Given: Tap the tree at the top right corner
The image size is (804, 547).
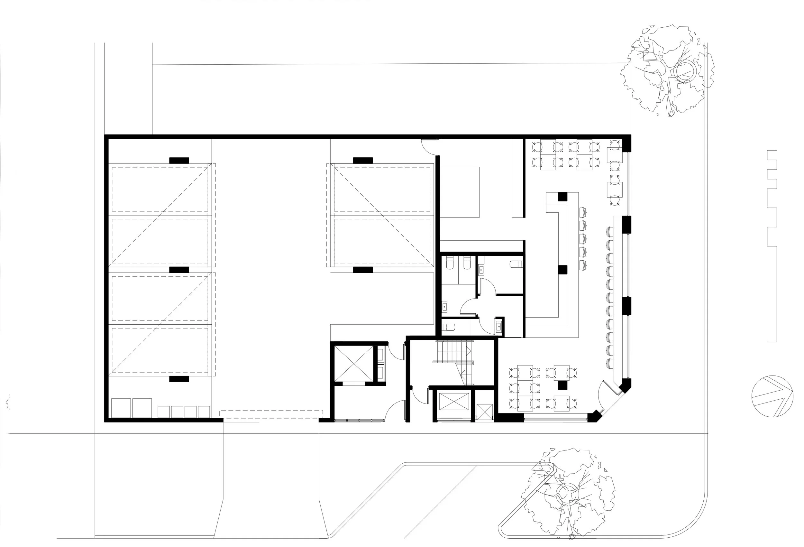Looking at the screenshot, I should click(668, 71).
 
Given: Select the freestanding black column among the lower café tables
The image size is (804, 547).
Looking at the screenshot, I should click(563, 385).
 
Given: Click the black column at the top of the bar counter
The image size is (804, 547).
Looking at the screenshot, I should click(562, 197).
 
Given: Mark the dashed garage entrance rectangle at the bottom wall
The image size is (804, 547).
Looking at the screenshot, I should click(271, 414).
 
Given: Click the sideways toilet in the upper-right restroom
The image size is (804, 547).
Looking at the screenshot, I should click(516, 264).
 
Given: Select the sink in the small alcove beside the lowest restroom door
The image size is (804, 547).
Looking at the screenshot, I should click(498, 327).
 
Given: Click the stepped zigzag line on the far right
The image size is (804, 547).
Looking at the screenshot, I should click(772, 246).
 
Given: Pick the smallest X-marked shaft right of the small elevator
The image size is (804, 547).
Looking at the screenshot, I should click(484, 412).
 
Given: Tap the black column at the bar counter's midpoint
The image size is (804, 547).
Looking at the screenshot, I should click(563, 270).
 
